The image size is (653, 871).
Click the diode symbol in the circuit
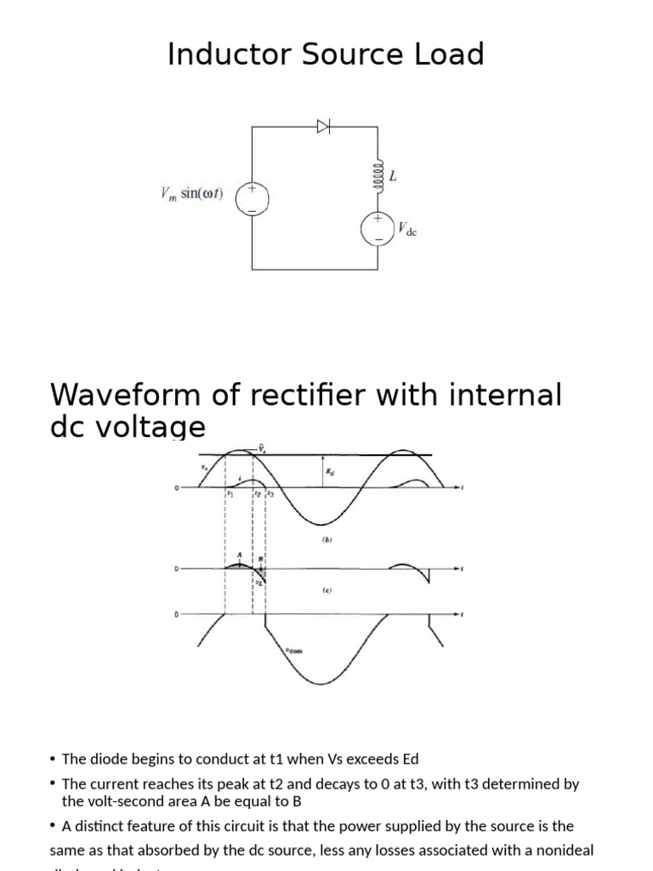pos(323,127)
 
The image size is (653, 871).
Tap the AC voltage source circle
pos(252,198)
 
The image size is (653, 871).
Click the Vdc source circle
pos(378,227)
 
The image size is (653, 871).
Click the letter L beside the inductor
pos(393,177)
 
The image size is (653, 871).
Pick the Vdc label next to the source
pos(407,229)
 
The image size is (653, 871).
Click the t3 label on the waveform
pos(270,493)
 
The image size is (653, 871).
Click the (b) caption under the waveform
pos(326,538)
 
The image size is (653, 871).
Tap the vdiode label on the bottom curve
pos(293,651)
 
